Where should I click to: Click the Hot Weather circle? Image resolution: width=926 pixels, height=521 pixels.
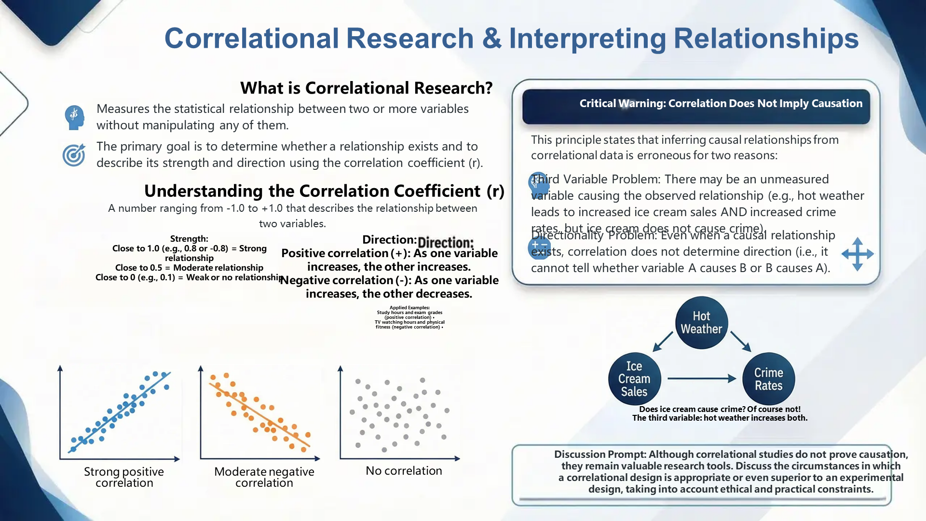[x=701, y=323]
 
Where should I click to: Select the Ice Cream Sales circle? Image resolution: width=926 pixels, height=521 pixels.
[x=634, y=379]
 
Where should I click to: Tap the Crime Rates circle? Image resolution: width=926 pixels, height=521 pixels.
[x=768, y=379]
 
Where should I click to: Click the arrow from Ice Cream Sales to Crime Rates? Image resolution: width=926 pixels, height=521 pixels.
[x=701, y=379]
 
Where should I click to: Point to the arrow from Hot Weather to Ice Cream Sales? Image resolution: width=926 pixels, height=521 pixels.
[x=663, y=341]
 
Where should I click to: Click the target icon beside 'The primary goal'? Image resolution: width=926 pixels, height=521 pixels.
[x=74, y=155]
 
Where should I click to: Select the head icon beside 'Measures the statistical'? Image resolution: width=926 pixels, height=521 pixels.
[x=74, y=117]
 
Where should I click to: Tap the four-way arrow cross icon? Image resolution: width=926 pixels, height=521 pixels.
[x=858, y=254]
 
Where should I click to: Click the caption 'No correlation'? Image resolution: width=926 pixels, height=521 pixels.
[x=404, y=471]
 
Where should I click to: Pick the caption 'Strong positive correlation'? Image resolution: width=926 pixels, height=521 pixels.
[x=124, y=477]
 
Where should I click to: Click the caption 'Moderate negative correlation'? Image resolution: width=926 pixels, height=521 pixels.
[x=264, y=477]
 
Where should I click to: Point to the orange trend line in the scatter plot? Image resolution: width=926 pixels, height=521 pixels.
[x=259, y=415]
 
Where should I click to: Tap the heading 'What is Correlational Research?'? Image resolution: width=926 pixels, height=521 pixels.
[x=366, y=88]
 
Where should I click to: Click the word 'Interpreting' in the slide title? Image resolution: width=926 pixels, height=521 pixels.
[x=587, y=39]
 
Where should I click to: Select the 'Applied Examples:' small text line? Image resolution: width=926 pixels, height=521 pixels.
[x=409, y=307]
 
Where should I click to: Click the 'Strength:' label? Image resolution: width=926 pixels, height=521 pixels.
[x=189, y=238]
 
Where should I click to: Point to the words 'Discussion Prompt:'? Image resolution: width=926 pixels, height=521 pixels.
[x=599, y=454]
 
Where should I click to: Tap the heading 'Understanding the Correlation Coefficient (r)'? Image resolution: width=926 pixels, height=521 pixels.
[x=324, y=191]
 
